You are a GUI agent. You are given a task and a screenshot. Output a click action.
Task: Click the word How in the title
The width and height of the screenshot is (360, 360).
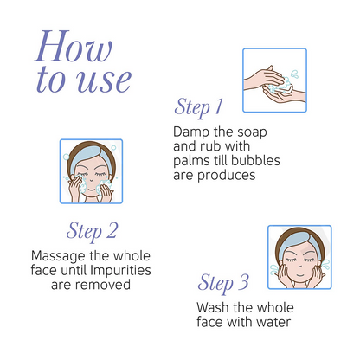[x=74, y=46]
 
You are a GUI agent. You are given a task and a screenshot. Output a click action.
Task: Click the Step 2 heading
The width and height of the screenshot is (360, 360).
[x=92, y=232]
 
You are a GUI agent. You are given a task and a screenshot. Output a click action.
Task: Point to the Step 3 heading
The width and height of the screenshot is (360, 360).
[x=223, y=283]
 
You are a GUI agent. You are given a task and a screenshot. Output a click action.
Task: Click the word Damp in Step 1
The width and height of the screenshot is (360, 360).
[x=191, y=132]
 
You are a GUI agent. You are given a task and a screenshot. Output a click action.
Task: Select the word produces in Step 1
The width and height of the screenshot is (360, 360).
[x=227, y=176]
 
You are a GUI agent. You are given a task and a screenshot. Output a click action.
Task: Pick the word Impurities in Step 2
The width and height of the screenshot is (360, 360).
[x=120, y=271]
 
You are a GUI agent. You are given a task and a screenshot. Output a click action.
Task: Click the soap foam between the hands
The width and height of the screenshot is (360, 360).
[x=280, y=85]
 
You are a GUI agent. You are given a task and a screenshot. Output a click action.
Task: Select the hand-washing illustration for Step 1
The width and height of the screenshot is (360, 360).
[x=274, y=80]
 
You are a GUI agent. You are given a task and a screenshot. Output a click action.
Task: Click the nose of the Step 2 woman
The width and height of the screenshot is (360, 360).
[x=91, y=180]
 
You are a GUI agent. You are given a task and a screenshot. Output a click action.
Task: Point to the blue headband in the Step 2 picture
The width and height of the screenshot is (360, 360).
[x=91, y=157]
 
